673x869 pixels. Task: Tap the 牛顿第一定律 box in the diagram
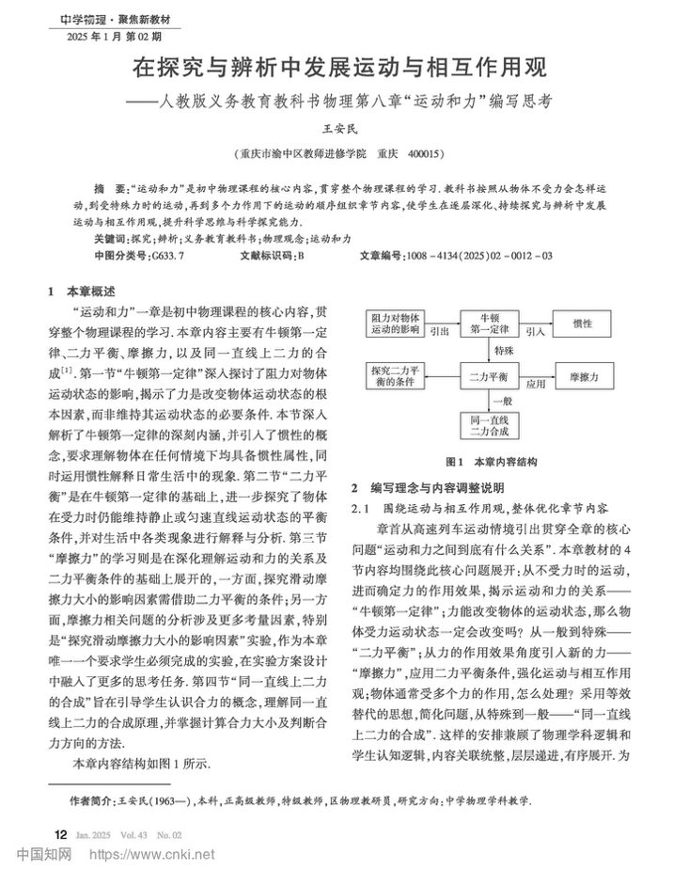(x=489, y=324)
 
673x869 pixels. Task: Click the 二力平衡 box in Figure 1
(x=489, y=376)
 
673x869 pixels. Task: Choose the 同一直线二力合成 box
(x=489, y=425)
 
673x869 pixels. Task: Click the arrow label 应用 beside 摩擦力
(x=536, y=384)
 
